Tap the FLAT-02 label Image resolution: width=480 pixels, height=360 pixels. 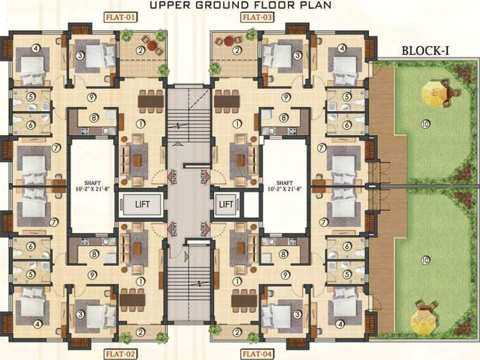(x=120, y=354)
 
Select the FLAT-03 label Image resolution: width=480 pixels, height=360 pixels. (x=257, y=18)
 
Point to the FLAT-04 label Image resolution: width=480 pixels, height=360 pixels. (x=257, y=354)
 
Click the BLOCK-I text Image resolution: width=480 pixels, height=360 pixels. (x=425, y=51)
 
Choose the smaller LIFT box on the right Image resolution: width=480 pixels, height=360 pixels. (x=226, y=204)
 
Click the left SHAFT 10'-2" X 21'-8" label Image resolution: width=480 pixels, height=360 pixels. (x=92, y=186)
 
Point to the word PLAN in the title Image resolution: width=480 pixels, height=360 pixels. (x=315, y=5)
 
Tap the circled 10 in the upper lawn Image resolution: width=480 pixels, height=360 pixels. (x=425, y=124)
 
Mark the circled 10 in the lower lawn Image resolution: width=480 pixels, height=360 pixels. (x=425, y=261)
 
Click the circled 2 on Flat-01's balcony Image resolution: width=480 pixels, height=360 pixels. (x=139, y=50)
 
